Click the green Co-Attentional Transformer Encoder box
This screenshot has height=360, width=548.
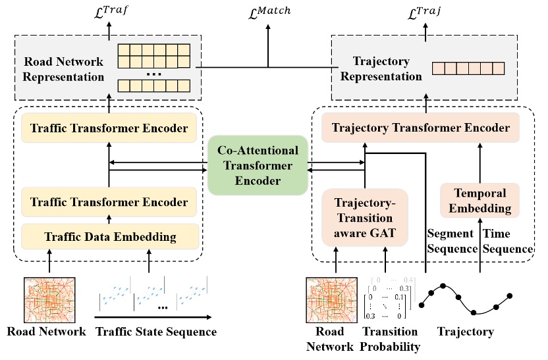tap(258, 165)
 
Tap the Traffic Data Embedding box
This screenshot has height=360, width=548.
tap(110, 236)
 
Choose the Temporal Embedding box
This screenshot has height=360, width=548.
tap(480, 200)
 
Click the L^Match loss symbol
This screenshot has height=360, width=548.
tap(268, 10)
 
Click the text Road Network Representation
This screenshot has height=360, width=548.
tap(64, 69)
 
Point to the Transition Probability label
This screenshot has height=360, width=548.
tap(391, 339)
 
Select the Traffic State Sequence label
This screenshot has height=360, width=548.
tap(155, 332)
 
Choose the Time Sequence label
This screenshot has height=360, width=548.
tap(508, 241)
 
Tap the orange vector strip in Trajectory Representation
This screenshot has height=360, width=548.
tap(468, 68)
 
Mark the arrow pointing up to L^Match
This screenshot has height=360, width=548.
tap(268, 43)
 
